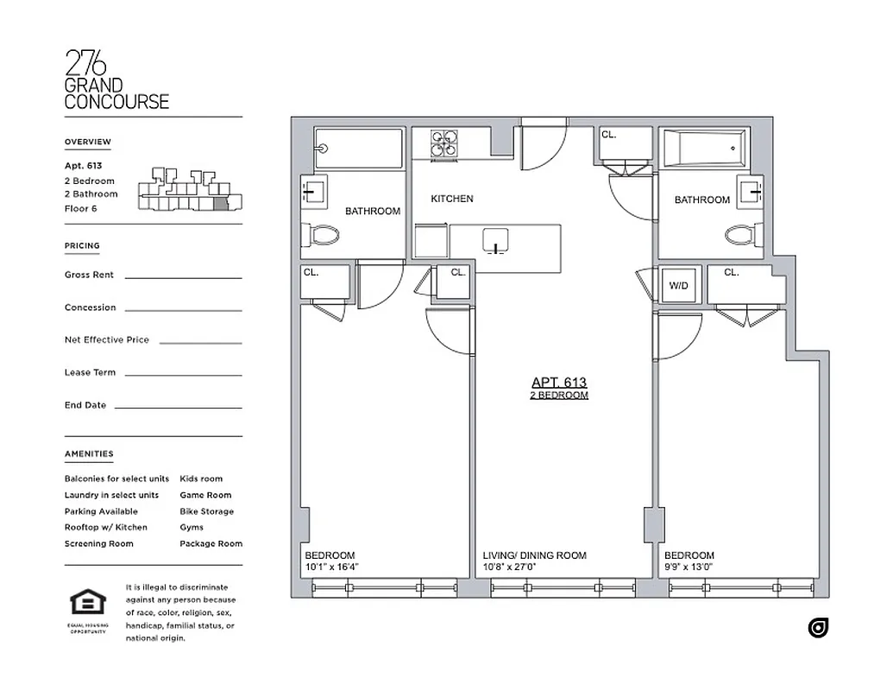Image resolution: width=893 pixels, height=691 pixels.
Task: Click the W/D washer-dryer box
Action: click(678, 286)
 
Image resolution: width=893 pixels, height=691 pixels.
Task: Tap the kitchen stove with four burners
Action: click(445, 143)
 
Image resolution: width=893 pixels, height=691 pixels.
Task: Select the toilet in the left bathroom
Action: click(324, 234)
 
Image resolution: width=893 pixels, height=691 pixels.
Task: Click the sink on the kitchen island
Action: click(496, 241)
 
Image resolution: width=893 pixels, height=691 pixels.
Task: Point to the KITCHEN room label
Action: click(452, 199)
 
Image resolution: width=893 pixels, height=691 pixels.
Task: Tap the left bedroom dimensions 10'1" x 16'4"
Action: click(331, 567)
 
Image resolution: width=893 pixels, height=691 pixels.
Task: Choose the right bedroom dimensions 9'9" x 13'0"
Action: click(688, 567)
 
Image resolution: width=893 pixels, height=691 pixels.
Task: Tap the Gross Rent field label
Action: click(89, 275)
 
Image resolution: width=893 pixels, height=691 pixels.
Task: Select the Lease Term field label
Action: click(91, 372)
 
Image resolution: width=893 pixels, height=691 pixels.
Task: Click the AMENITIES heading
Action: click(88, 453)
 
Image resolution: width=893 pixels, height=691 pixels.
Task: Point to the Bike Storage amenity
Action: click(206, 511)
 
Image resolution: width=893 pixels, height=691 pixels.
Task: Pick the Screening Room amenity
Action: click(98, 543)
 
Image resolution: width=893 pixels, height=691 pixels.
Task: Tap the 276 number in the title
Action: click(86, 63)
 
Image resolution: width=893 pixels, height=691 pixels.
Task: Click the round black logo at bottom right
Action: click(818, 628)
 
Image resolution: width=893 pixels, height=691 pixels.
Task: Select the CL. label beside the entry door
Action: click(609, 135)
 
